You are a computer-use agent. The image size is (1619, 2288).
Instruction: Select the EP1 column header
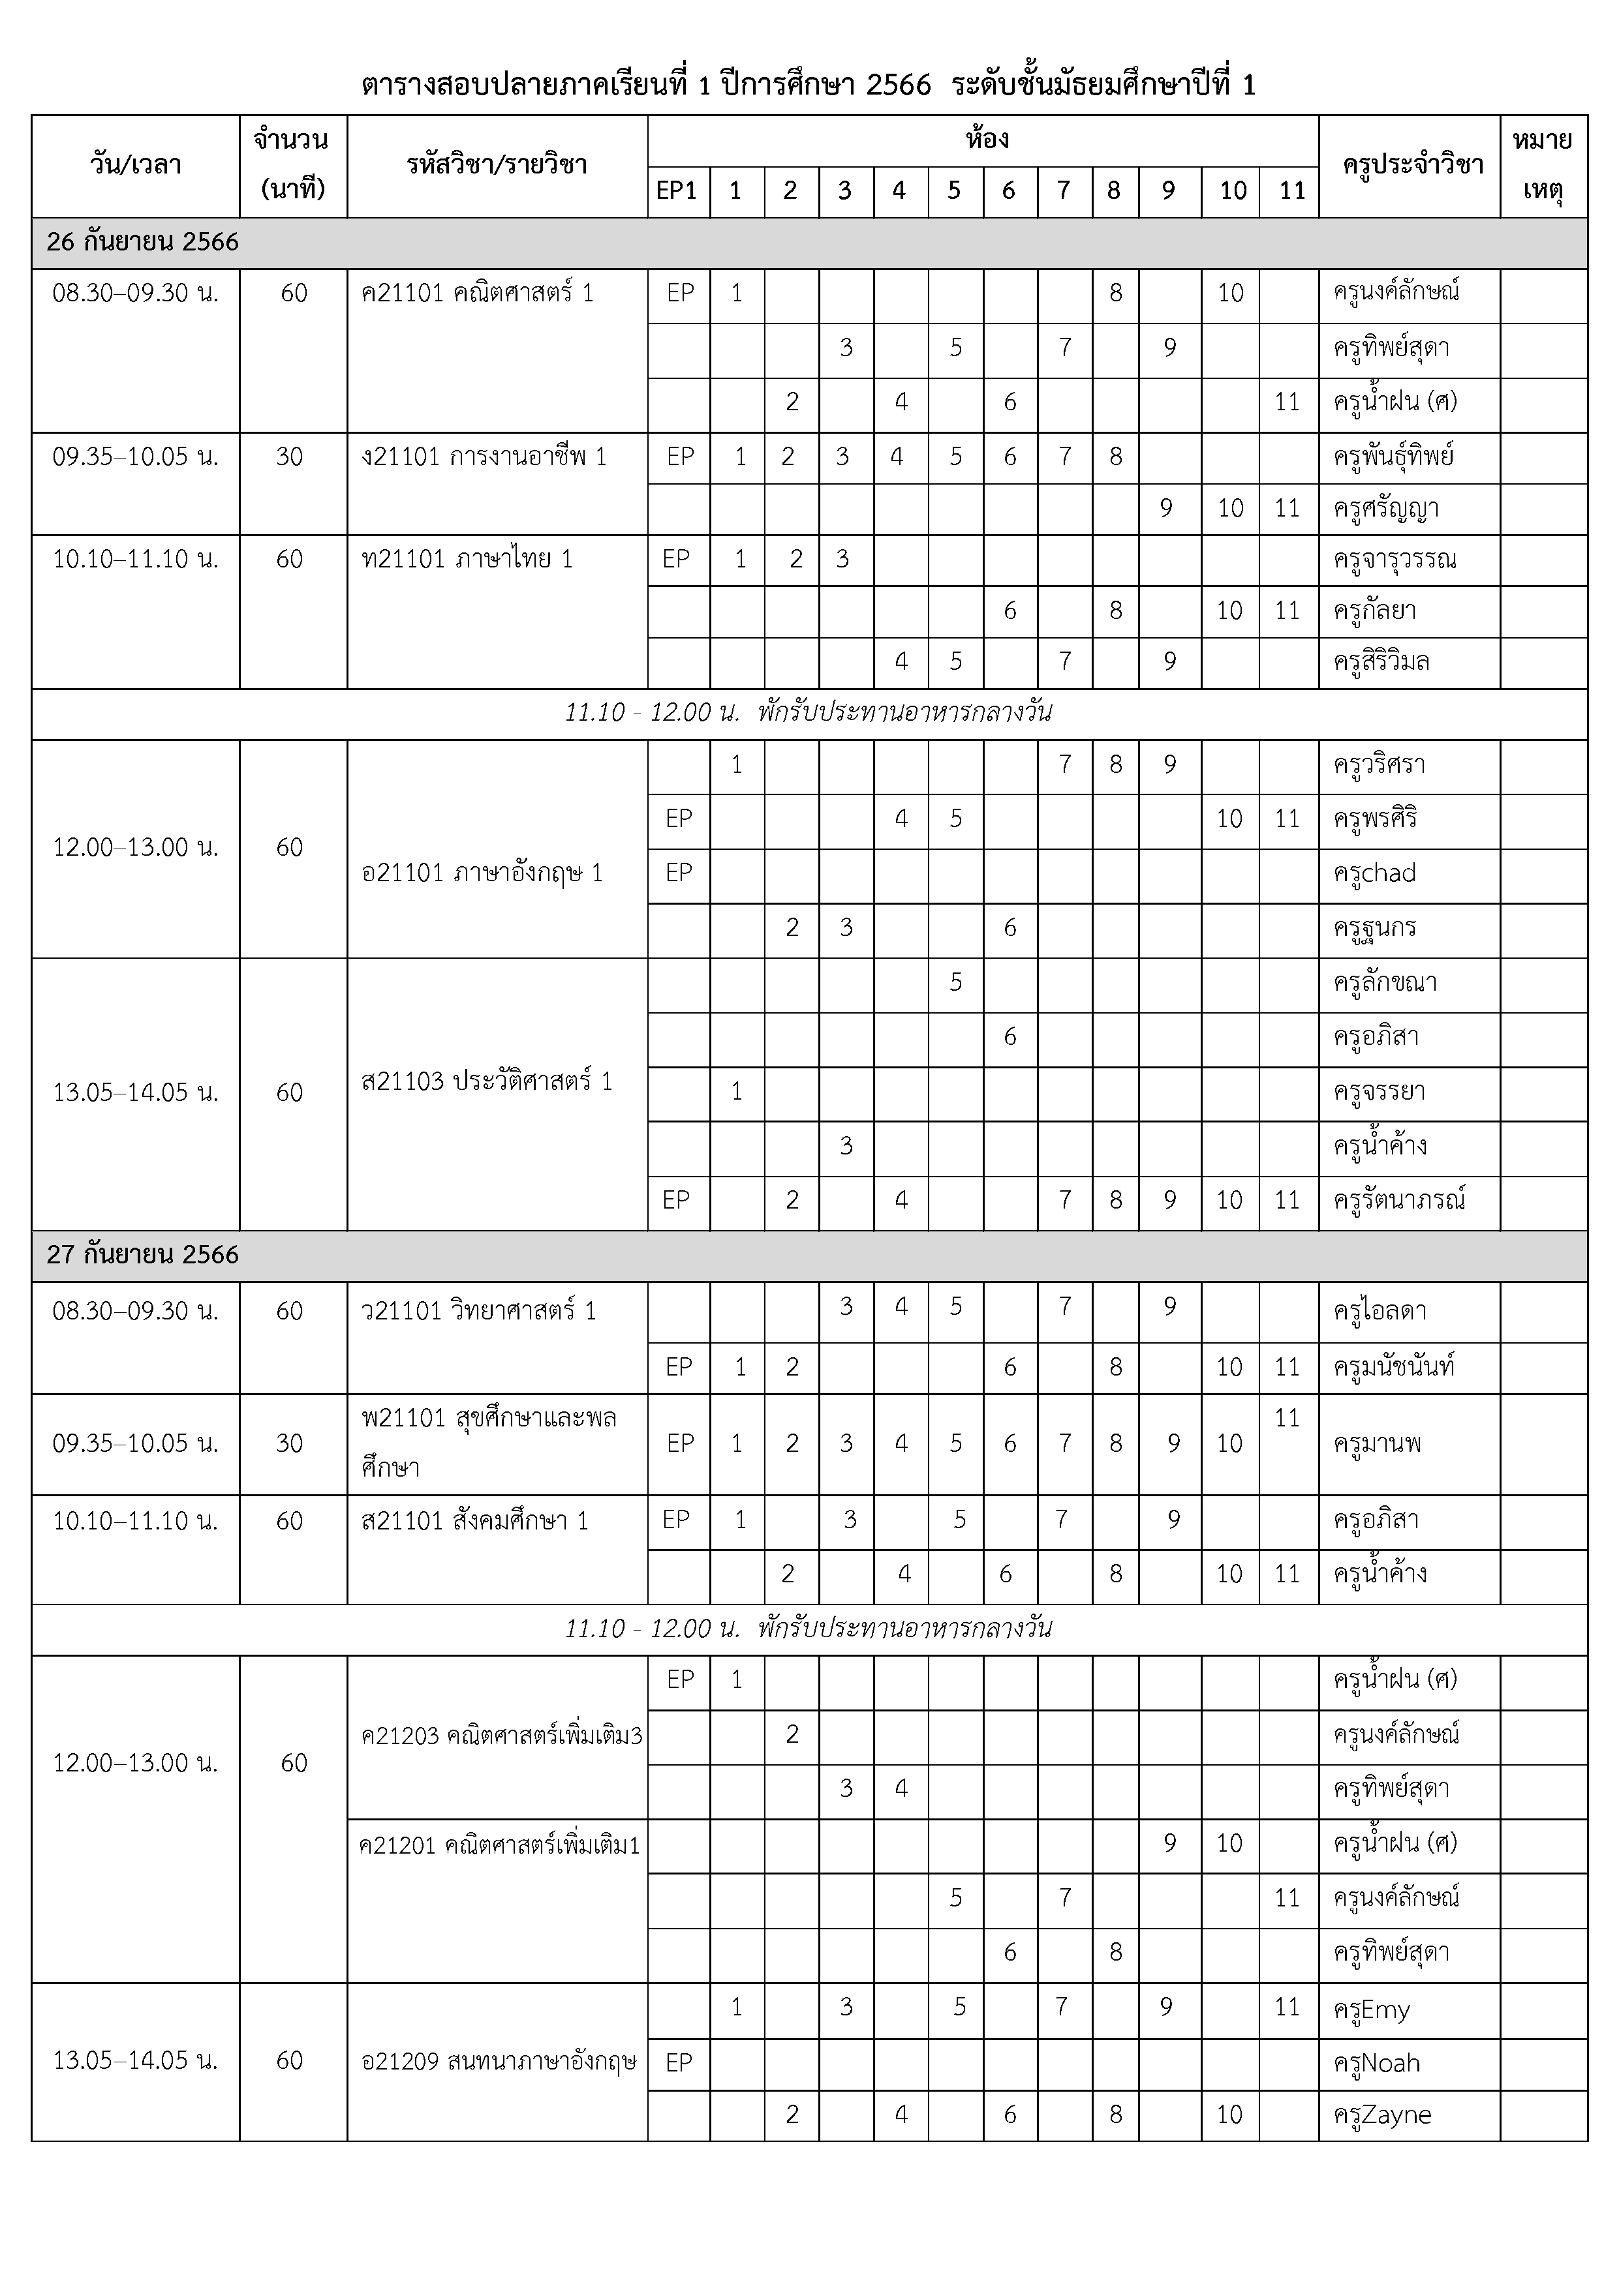[x=677, y=190]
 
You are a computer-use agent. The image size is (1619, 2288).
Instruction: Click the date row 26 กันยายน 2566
[x=142, y=242]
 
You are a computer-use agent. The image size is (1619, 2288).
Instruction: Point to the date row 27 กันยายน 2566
[x=142, y=1255]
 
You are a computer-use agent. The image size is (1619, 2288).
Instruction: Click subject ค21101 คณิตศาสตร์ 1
[x=478, y=293]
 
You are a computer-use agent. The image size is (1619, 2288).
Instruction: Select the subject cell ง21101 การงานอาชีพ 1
[x=484, y=457]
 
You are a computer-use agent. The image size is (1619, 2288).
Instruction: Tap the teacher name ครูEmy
[x=1372, y=2010]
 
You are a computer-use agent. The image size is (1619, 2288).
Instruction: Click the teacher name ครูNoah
[x=1376, y=2064]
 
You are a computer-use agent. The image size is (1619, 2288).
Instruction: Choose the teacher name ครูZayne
[x=1381, y=2116]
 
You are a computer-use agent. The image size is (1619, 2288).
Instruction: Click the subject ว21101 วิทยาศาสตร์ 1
[x=478, y=1312]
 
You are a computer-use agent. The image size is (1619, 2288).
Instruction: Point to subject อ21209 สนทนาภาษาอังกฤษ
[x=499, y=2061]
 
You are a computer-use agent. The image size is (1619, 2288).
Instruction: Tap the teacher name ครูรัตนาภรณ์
[x=1398, y=1201]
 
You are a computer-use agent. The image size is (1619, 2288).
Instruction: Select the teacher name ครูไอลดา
[x=1380, y=1312]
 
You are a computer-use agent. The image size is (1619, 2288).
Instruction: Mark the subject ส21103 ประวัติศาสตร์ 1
[x=487, y=1081]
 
